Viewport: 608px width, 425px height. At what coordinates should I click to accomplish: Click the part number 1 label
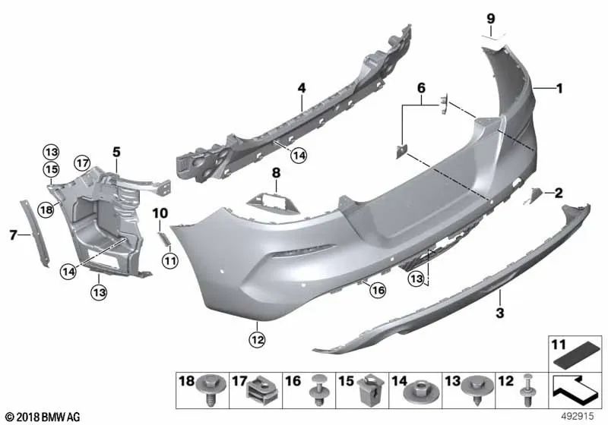click(x=559, y=89)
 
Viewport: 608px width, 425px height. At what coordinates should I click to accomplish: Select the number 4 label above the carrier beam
click(x=301, y=89)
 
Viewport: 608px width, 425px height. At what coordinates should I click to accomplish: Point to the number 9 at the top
click(x=490, y=17)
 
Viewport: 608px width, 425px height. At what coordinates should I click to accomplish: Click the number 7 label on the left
click(x=13, y=235)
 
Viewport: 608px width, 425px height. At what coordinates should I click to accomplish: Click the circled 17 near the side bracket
click(x=82, y=162)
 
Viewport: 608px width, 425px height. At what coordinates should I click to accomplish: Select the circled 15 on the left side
click(x=50, y=168)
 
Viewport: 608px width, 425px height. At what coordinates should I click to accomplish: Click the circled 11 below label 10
click(x=169, y=260)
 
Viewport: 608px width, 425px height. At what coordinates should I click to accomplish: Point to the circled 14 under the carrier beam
click(x=299, y=155)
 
